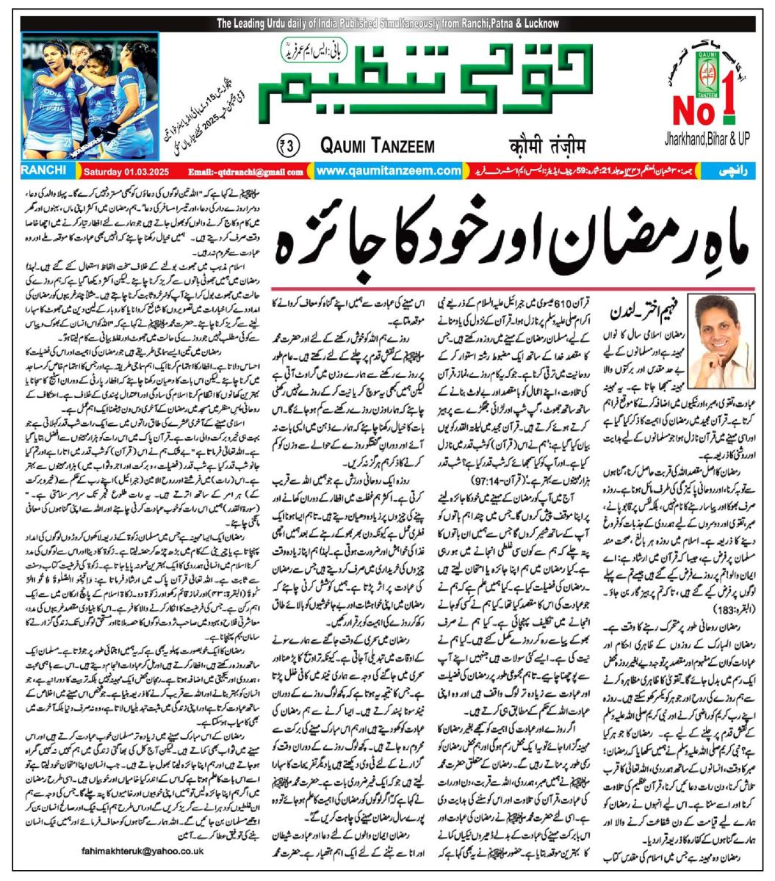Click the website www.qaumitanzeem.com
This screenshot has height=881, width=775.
tap(389, 171)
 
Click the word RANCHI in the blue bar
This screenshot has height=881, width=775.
tap(43, 170)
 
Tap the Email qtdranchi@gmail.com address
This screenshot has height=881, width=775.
tap(246, 172)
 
